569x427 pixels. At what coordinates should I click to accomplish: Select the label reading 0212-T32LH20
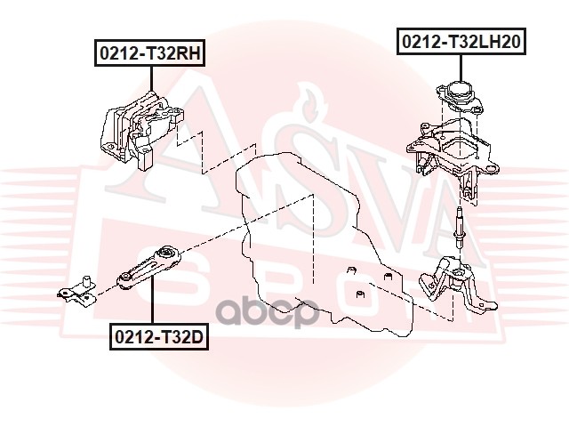(x=461, y=41)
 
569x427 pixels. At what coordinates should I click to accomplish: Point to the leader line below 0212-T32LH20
(x=461, y=66)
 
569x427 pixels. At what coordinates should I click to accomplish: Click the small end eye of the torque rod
(x=126, y=282)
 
